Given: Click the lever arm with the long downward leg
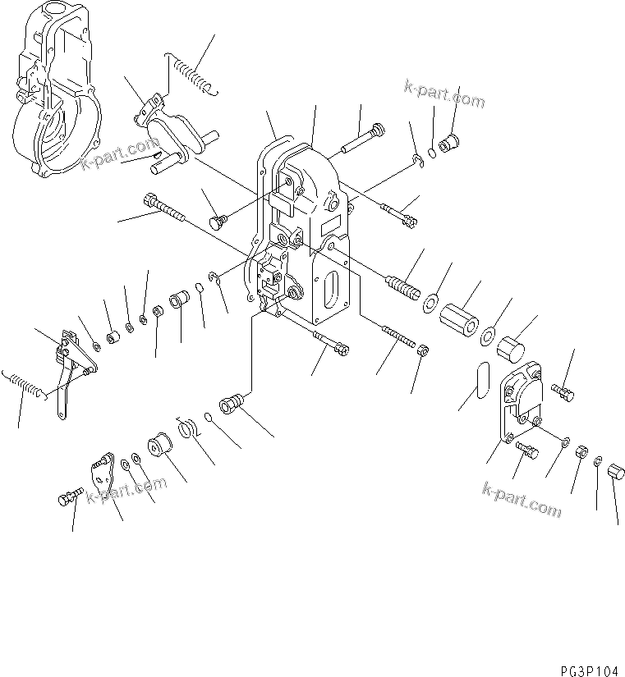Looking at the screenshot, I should pyautogui.click(x=71, y=369).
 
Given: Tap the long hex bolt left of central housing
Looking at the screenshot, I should pyautogui.click(x=163, y=208).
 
